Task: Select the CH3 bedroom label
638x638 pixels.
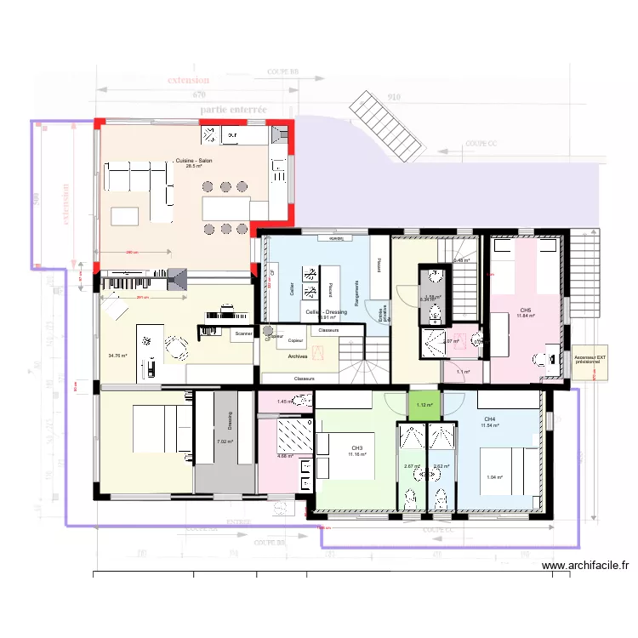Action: click(357, 448)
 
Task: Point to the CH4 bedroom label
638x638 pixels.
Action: click(490, 419)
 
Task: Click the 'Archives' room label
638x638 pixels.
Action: click(298, 356)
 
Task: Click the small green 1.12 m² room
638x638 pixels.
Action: click(424, 405)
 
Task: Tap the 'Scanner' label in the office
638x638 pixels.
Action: click(243, 334)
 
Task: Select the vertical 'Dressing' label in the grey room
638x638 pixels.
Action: click(229, 421)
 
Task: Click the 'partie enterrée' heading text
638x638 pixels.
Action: click(233, 110)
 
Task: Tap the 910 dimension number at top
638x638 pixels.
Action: click(394, 97)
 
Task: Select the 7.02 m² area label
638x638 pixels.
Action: click(225, 441)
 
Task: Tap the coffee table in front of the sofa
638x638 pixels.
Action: click(124, 214)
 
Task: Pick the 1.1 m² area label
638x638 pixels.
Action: click(464, 372)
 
